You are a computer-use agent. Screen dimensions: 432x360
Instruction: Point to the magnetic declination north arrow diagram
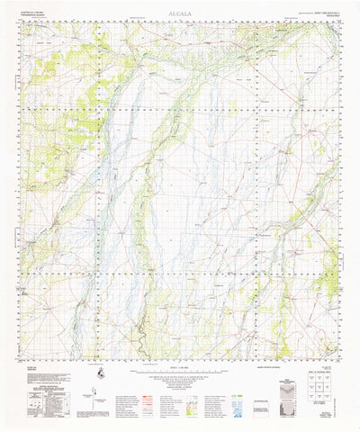point(93,373)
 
